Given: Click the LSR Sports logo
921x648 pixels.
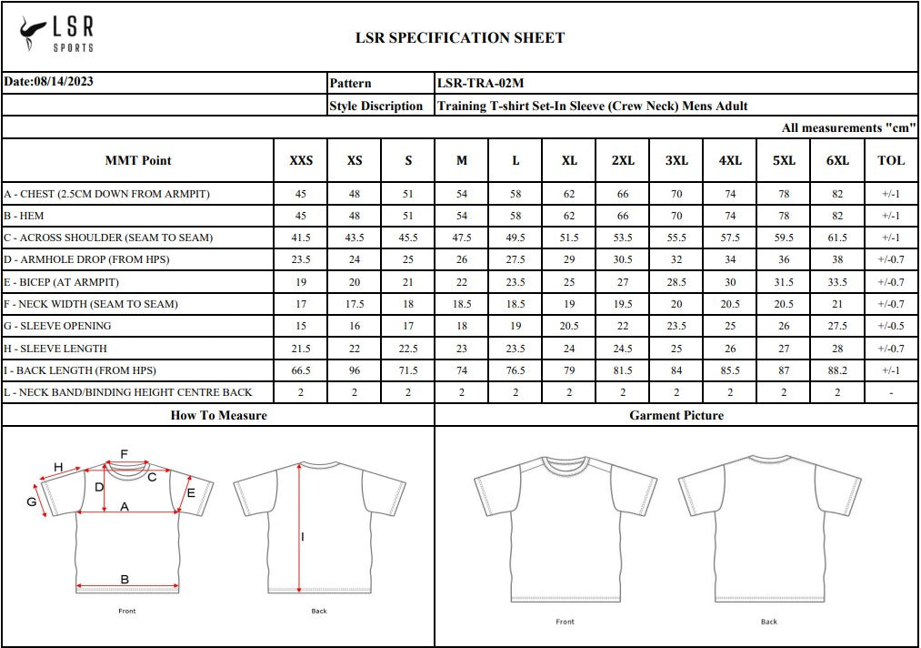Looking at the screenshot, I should coord(56,35).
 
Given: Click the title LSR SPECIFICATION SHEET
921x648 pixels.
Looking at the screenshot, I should coord(459,37).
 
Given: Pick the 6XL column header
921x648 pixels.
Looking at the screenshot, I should coord(837,160).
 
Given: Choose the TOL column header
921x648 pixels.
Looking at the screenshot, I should coord(891,160).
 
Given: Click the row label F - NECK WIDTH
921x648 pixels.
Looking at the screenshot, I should coord(91,304).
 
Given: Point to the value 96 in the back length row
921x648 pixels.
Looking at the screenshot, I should coord(355,370).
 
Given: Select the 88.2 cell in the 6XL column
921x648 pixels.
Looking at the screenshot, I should coord(837,370).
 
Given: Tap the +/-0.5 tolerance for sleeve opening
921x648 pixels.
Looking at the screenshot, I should coord(891,326).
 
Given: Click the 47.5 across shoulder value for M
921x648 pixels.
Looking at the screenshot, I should coord(462,238).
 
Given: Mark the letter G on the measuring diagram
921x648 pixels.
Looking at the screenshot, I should coord(31,501).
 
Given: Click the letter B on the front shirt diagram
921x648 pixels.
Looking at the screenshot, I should coord(125,579).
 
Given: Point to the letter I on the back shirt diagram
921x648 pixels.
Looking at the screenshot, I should coord(303,536).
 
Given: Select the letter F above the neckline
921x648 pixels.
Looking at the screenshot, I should coord(125,453).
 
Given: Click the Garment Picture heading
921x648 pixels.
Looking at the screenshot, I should coord(676,415).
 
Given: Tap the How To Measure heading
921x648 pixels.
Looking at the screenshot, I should coord(218,415).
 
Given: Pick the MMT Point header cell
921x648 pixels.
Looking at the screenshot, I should coord(138,160).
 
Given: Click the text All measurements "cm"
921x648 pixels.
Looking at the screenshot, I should coord(847,128).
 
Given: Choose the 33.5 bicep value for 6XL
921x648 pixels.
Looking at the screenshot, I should coord(837,282).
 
